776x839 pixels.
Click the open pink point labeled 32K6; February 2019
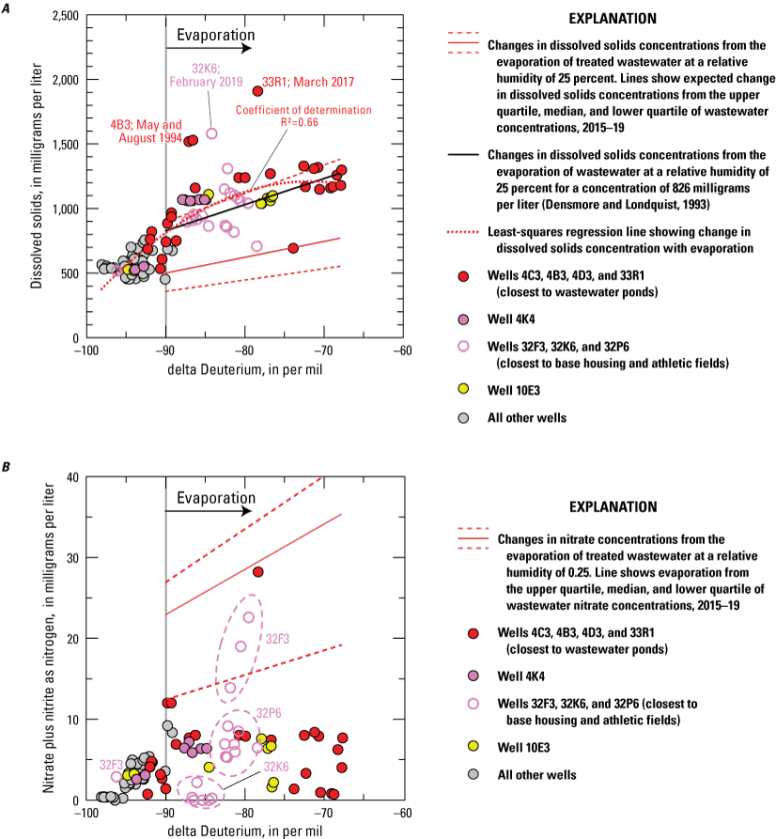[x=211, y=133]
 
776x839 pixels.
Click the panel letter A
[x=8, y=7]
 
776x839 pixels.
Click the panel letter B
[x=8, y=465]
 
